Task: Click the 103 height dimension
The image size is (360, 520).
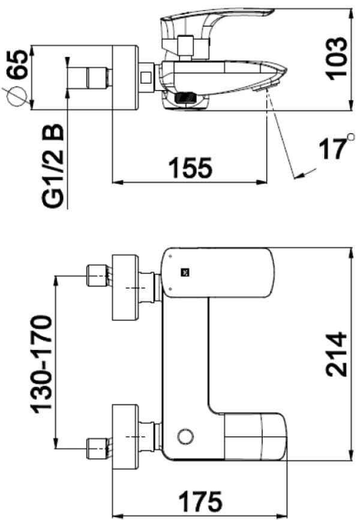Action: click(x=337, y=59)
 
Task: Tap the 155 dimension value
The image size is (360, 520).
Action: click(x=191, y=168)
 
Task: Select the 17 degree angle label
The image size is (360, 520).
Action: click(x=332, y=149)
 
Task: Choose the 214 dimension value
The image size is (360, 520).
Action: click(x=337, y=354)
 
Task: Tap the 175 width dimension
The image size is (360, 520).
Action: click(x=200, y=501)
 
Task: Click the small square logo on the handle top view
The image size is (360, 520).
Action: click(x=185, y=273)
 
